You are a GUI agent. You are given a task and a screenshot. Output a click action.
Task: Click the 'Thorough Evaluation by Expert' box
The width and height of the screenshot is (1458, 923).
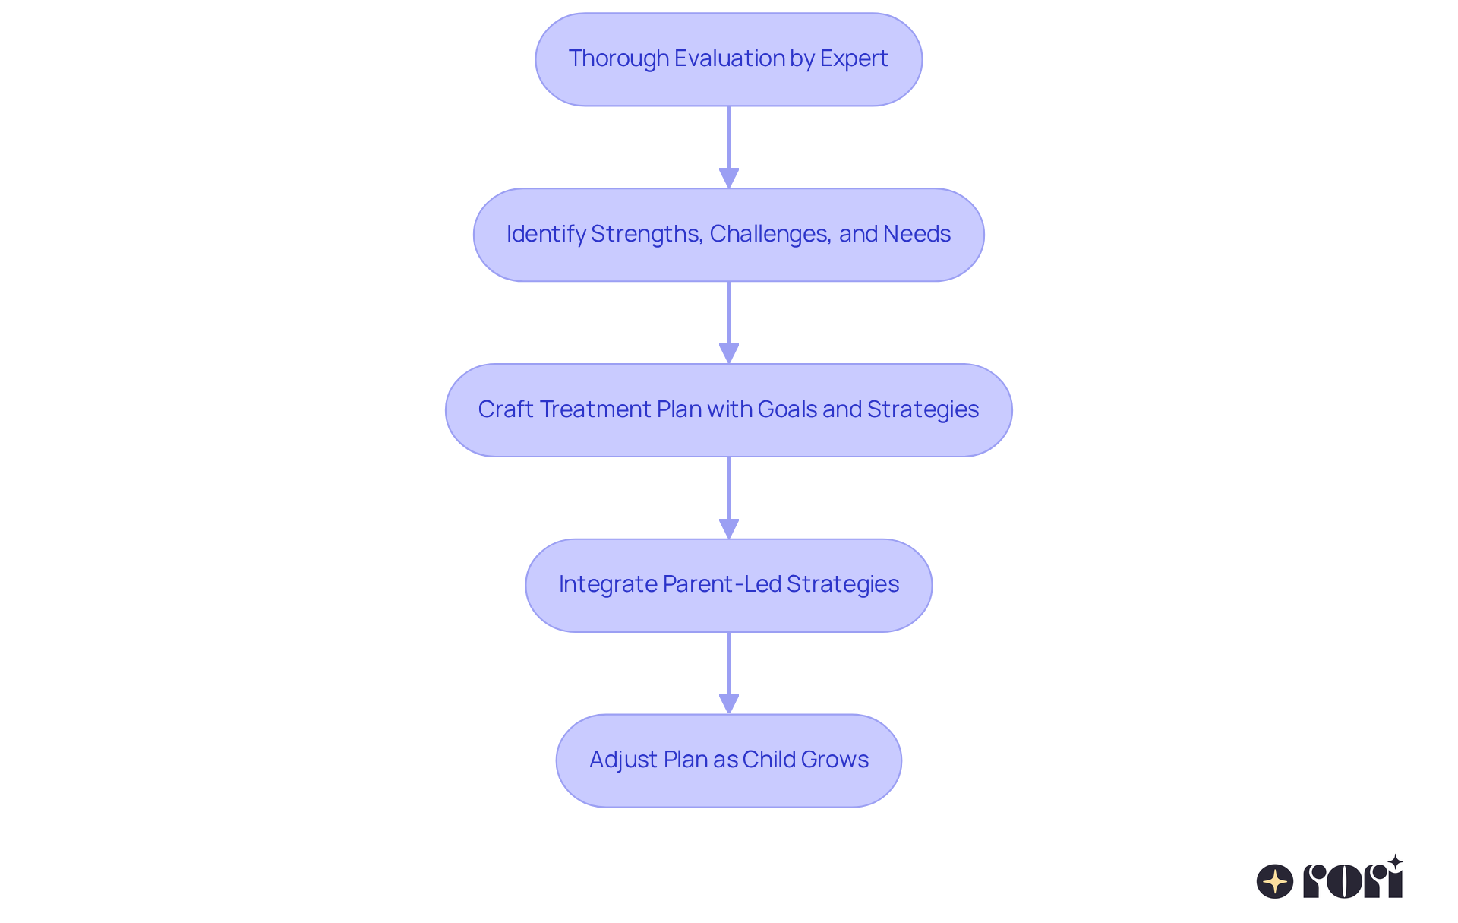pyautogui.click(x=728, y=59)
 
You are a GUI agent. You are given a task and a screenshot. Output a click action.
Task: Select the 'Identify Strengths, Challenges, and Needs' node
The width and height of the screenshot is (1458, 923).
pyautogui.click(x=728, y=235)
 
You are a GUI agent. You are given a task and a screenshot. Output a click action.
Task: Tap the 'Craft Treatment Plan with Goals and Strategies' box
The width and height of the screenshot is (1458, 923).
pyautogui.click(x=728, y=410)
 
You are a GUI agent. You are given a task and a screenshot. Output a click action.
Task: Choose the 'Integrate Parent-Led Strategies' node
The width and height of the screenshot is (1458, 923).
pyautogui.click(x=728, y=585)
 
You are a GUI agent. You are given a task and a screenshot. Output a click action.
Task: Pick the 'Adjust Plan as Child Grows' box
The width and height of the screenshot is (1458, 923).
pyautogui.click(x=728, y=760)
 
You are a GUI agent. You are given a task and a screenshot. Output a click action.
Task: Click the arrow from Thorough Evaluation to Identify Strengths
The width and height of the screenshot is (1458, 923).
pyautogui.click(x=729, y=147)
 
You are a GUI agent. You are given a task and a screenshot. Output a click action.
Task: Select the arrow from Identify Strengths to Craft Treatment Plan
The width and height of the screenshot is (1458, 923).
pyautogui.click(x=729, y=322)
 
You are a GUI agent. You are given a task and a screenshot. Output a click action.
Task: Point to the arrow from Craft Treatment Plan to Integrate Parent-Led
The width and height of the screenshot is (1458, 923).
pyautogui.click(x=729, y=498)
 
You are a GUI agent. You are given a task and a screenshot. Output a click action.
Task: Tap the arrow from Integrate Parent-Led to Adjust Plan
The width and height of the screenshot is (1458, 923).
pyautogui.click(x=729, y=673)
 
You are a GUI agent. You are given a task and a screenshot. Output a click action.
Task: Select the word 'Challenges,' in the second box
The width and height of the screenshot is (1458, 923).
pyautogui.click(x=769, y=234)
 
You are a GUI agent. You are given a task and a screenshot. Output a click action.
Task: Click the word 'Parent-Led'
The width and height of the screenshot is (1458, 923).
pyautogui.click(x=721, y=584)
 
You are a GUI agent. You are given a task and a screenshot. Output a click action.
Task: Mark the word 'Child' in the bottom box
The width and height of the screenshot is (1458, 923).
pyautogui.click(x=768, y=760)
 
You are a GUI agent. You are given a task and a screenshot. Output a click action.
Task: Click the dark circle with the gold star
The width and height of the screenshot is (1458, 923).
pyautogui.click(x=1274, y=881)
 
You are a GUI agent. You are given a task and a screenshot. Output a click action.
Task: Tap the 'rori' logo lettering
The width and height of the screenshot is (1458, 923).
pyautogui.click(x=1353, y=880)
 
